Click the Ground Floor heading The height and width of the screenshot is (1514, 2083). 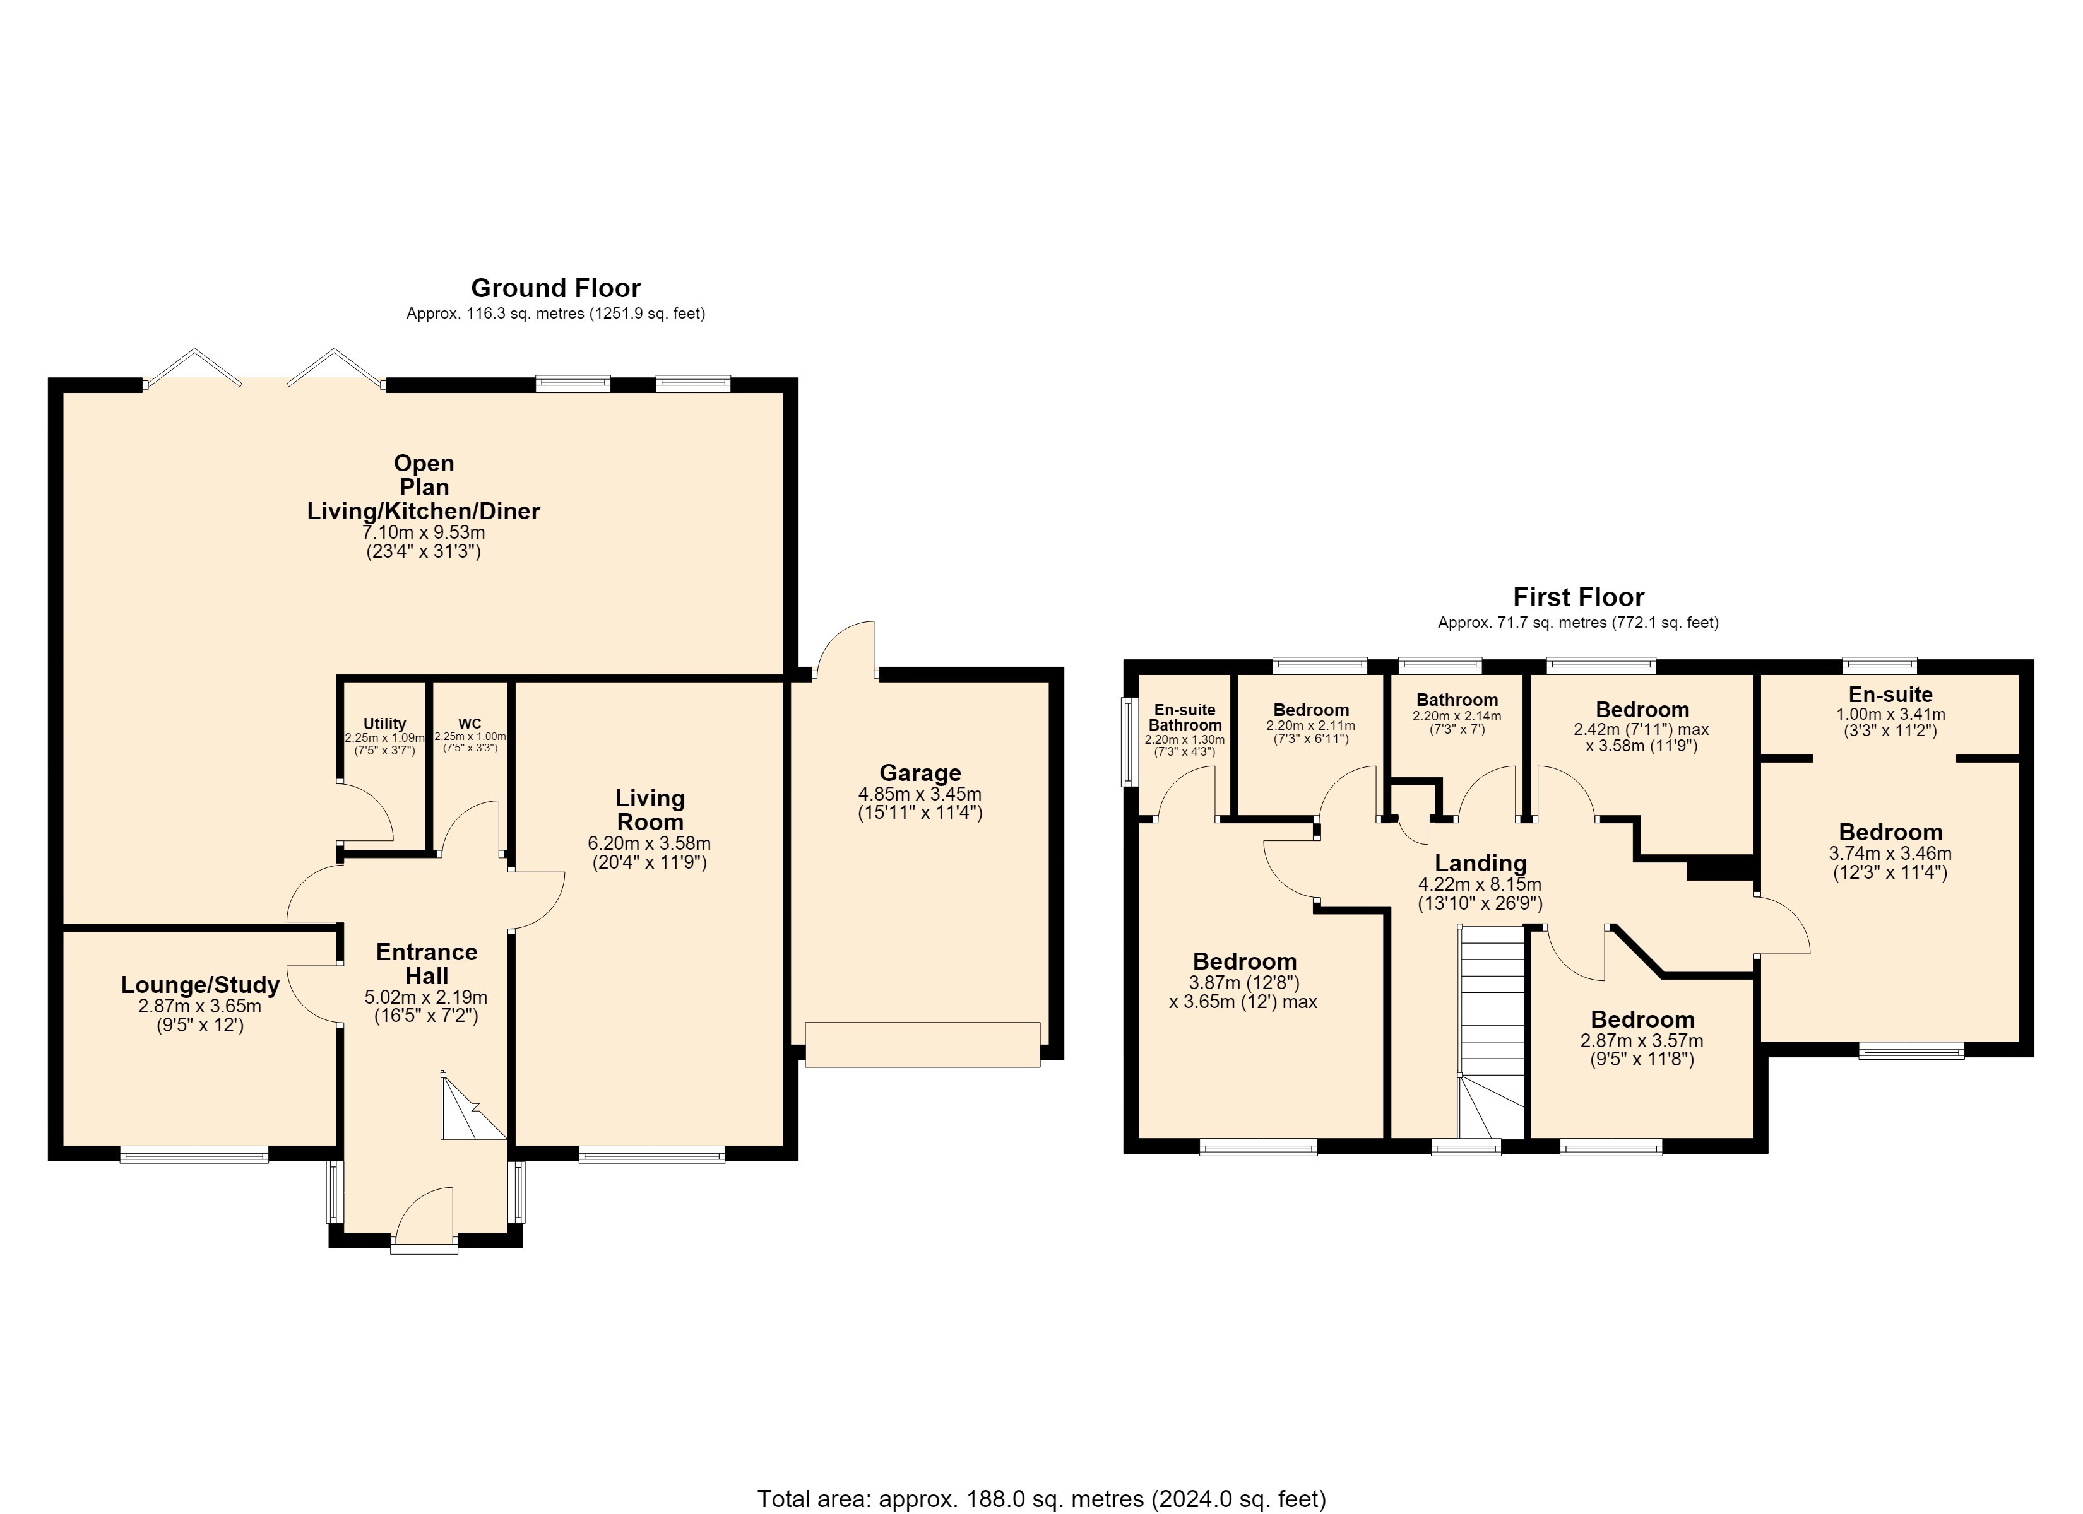click(555, 288)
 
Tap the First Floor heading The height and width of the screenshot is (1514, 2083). click(1579, 597)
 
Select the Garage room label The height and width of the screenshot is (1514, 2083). click(920, 773)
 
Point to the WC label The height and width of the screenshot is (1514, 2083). click(470, 724)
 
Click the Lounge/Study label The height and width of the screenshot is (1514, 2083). click(200, 986)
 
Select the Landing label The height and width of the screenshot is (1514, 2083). click(1481, 863)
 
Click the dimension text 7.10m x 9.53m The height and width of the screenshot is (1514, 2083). click(424, 532)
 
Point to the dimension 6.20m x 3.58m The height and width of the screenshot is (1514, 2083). click(650, 843)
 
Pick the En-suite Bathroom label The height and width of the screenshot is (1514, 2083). click(1185, 717)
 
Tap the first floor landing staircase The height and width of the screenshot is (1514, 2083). click(1492, 1032)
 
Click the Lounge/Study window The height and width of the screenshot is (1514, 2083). click(194, 1154)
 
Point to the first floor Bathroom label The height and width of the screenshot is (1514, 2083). click(1457, 700)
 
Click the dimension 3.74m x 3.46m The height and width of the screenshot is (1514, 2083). click(1890, 853)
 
